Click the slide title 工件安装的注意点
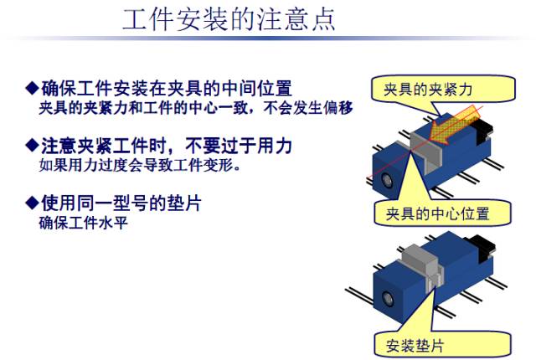(229, 19)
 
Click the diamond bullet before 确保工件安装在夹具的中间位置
(32, 88)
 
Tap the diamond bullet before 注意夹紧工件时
(32, 146)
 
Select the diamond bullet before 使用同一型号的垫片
(32, 203)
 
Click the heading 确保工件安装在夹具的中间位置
(167, 89)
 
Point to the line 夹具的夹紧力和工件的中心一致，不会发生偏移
(196, 108)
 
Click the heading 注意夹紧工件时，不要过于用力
(167, 146)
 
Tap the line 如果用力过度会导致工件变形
(140, 165)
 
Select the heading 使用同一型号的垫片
(121, 203)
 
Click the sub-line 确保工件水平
(84, 223)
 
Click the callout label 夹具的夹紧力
(428, 90)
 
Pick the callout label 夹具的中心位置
(437, 213)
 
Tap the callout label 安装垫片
(415, 346)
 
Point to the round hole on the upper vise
(387, 180)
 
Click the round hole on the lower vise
(388, 299)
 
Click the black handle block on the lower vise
(482, 249)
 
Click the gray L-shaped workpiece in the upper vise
(426, 151)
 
